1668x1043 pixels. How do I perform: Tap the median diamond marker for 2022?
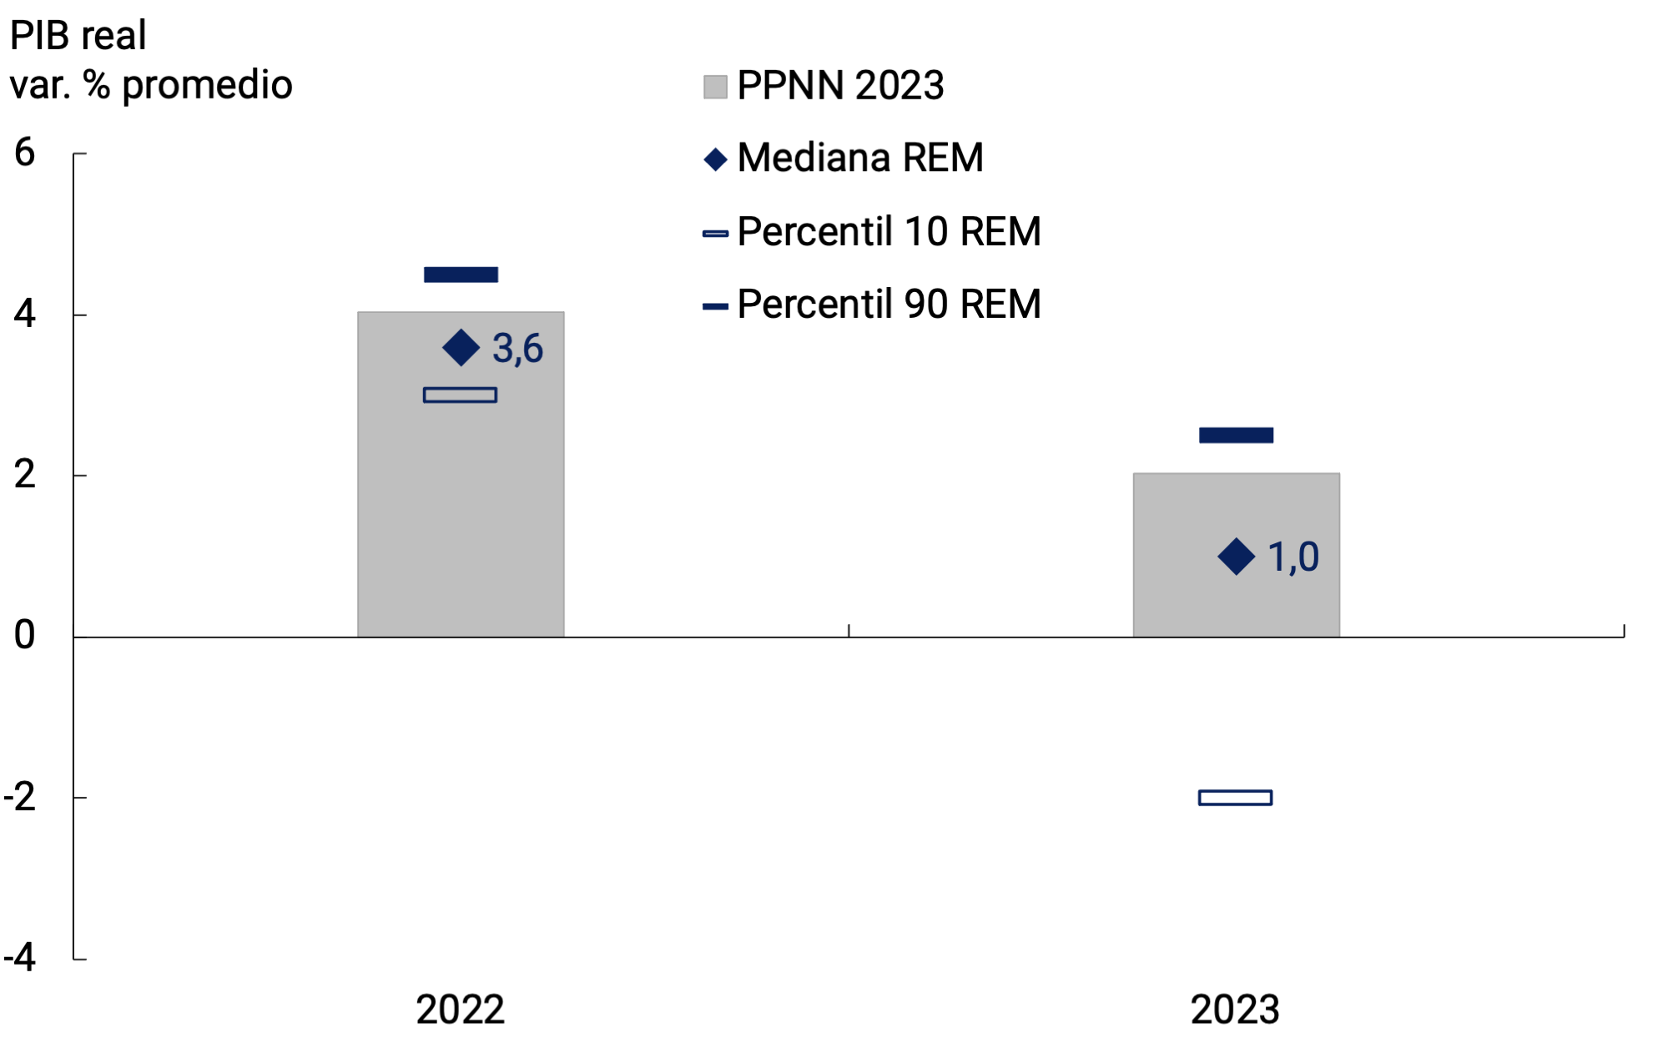(461, 348)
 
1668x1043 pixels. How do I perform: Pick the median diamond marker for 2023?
(1236, 557)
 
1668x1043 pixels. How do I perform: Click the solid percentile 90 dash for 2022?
(461, 275)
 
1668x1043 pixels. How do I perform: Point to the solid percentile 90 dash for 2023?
(1236, 435)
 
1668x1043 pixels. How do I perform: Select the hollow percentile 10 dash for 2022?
(460, 395)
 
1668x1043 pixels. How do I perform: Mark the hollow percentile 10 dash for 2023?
(1235, 798)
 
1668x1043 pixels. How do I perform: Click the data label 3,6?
(517, 349)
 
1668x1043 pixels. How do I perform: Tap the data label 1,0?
(1293, 557)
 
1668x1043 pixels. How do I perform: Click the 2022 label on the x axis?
(460, 1010)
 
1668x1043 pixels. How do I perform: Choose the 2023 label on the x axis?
(1235, 1010)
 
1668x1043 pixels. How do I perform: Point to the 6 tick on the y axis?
(25, 153)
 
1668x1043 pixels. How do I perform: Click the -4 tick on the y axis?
(20, 958)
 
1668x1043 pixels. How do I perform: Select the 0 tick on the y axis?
(25, 636)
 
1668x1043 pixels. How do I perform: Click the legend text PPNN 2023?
(840, 86)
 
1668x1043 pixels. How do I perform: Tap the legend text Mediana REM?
(860, 158)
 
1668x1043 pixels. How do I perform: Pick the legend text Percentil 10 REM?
(889, 232)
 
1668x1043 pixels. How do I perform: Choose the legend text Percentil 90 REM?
(889, 305)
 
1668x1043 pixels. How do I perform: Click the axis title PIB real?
(78, 36)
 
